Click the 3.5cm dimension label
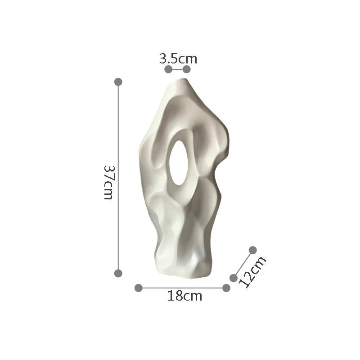[178, 58]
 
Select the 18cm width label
[184, 296]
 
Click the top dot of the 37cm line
[118, 82]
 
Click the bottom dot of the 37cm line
[118, 273]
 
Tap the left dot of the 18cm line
[139, 288]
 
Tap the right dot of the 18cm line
[226, 288]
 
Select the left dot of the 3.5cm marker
[168, 69]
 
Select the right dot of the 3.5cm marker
[187, 69]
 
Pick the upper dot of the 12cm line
[252, 250]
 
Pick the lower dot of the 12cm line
[234, 278]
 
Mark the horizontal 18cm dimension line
[182, 288]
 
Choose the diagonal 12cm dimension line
[243, 264]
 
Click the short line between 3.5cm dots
[177, 69]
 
